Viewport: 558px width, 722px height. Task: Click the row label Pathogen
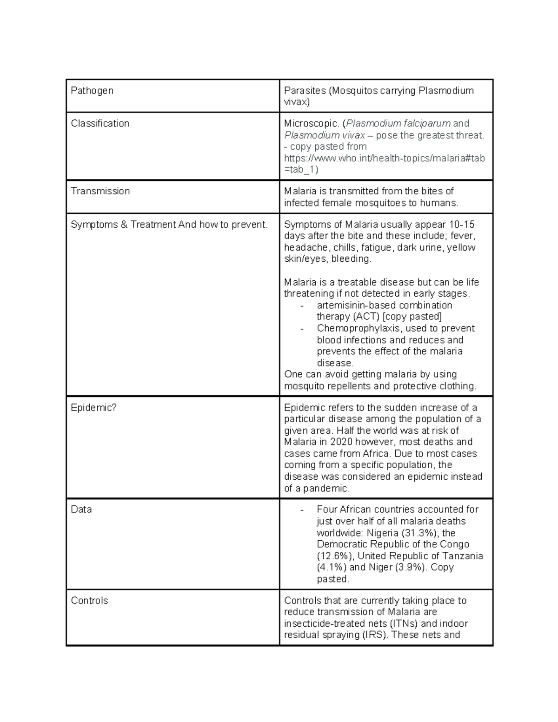click(92, 91)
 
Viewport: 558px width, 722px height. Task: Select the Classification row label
click(100, 124)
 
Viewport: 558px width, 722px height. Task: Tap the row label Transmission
click(100, 191)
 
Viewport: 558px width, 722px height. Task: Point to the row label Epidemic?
click(93, 408)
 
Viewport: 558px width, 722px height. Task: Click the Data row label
click(81, 510)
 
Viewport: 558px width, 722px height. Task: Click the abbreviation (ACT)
click(368, 317)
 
